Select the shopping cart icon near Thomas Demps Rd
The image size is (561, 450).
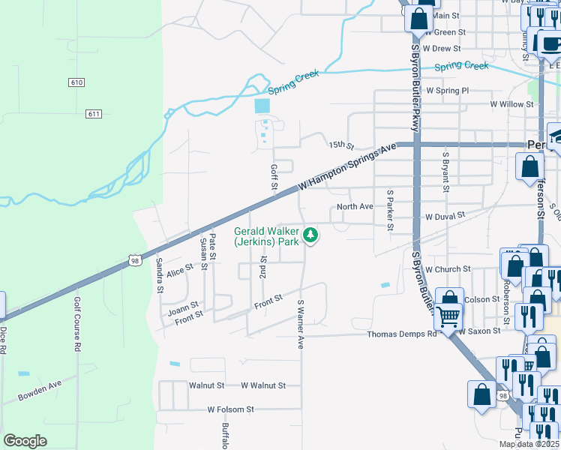[x=448, y=318]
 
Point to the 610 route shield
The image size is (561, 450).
[x=75, y=82]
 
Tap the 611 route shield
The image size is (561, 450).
[x=93, y=114]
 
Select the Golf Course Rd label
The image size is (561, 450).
[x=77, y=324]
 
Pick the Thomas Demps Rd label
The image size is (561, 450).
[x=401, y=334]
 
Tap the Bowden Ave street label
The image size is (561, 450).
[x=40, y=391]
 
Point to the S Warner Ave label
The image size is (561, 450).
[x=300, y=324]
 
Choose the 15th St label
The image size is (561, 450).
[x=340, y=145]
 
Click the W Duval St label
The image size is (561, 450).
[x=445, y=215]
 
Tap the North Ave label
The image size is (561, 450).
[x=355, y=206]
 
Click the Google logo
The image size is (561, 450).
[x=25, y=441]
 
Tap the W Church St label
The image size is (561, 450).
[x=447, y=268]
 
